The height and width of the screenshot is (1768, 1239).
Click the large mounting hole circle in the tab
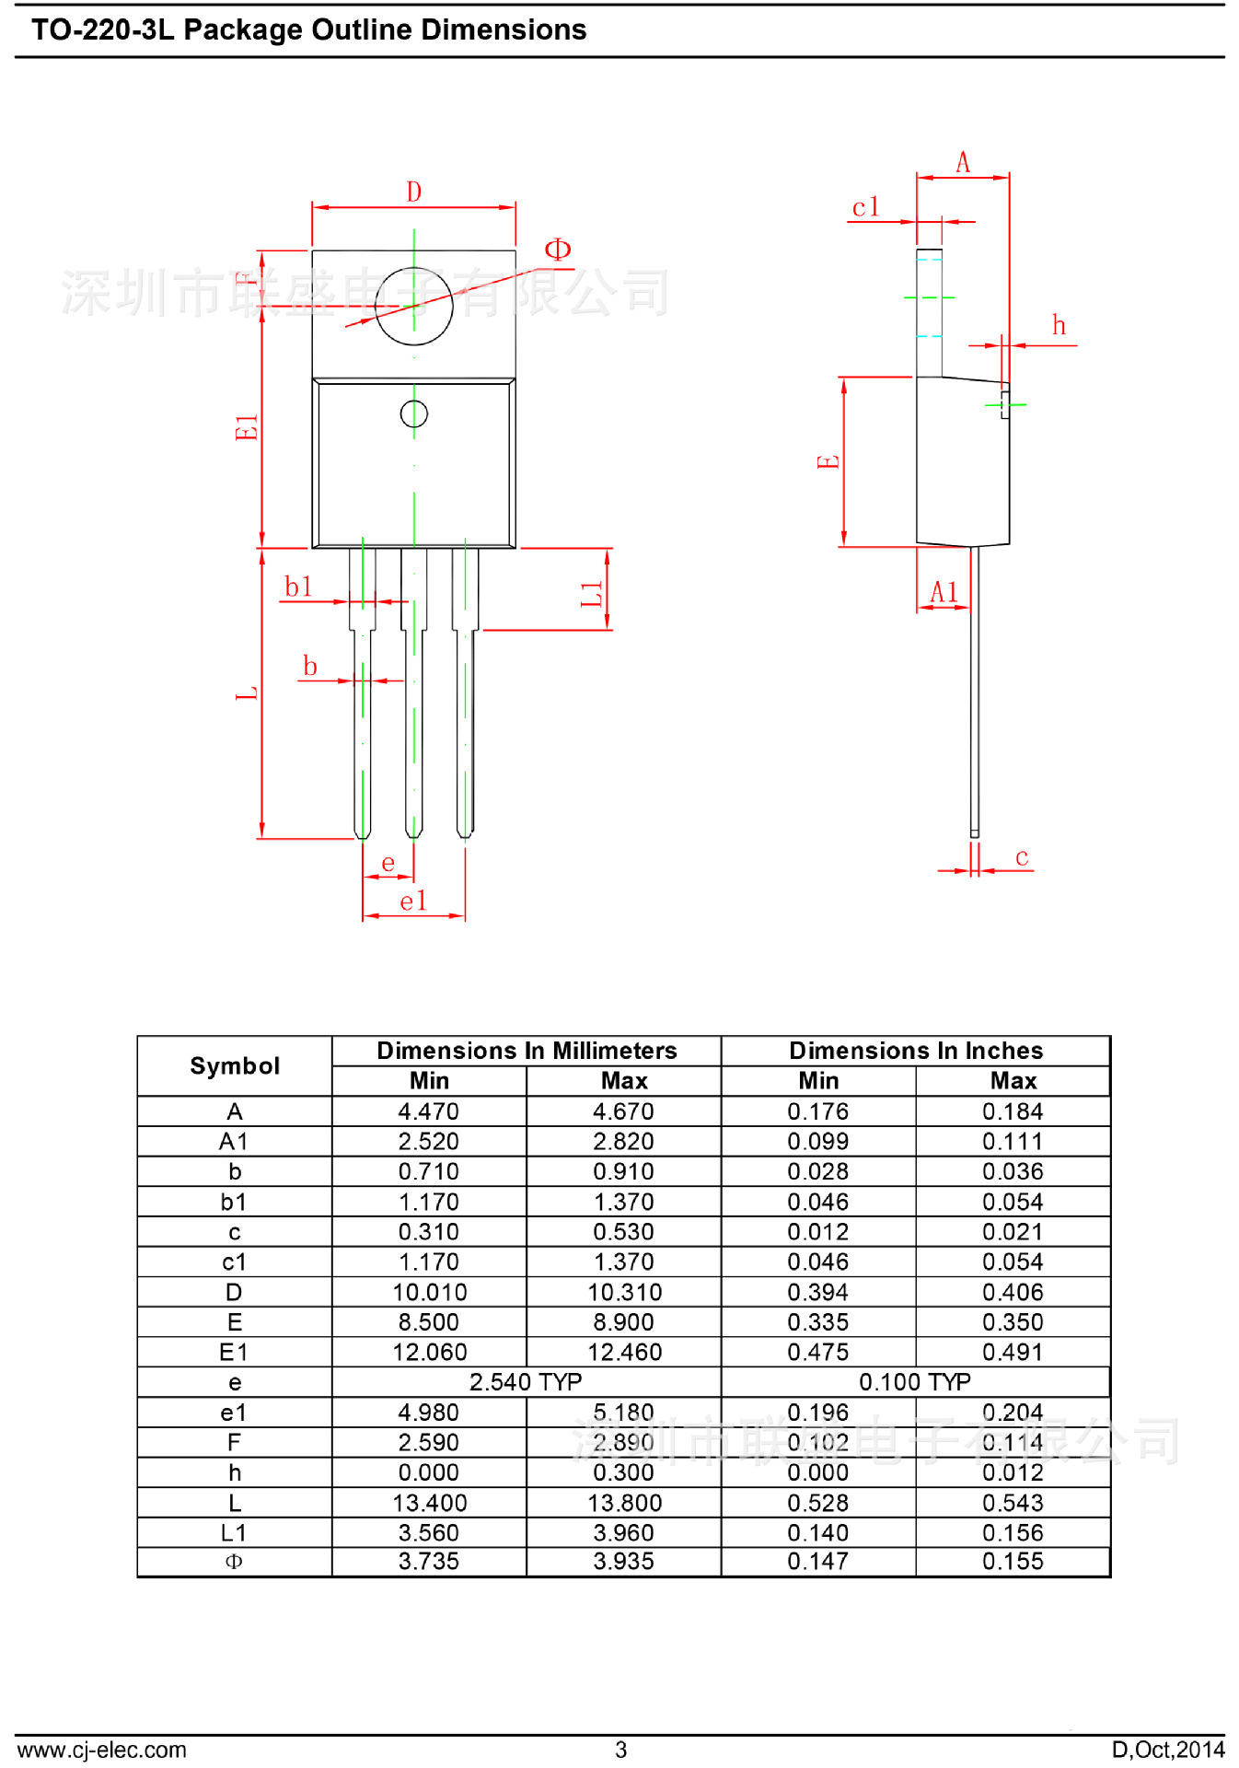pyautogui.click(x=413, y=306)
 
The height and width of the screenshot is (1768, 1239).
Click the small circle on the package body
pyautogui.click(x=413, y=413)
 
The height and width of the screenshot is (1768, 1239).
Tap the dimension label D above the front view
pyautogui.click(x=413, y=192)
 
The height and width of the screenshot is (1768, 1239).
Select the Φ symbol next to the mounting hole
pyautogui.click(x=558, y=250)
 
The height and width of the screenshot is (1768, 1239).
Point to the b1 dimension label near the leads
pyautogui.click(x=298, y=587)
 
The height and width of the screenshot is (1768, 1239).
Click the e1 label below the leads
pyautogui.click(x=413, y=901)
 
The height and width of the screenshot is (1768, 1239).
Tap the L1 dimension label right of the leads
pyautogui.click(x=592, y=594)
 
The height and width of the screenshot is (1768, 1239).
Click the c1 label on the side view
pyautogui.click(x=865, y=207)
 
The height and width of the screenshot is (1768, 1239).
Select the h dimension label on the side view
pyautogui.click(x=1059, y=326)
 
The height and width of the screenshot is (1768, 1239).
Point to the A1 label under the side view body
pyautogui.click(x=944, y=592)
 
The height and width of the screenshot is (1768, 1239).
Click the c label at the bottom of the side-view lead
pyautogui.click(x=1022, y=857)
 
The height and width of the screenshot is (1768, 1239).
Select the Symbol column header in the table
pyautogui.click(x=235, y=1065)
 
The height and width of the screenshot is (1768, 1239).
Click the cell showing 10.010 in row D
pyautogui.click(x=429, y=1292)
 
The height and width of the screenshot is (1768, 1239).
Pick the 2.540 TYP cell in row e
pyautogui.click(x=526, y=1382)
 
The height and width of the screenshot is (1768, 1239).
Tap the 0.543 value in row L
pyautogui.click(x=1013, y=1503)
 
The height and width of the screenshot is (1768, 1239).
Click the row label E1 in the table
pyautogui.click(x=235, y=1352)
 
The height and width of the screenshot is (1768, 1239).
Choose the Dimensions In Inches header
pyautogui.click(x=916, y=1051)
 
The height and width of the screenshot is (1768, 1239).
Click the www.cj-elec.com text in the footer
pyautogui.click(x=101, y=1750)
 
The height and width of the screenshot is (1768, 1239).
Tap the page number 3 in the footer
pyautogui.click(x=621, y=1750)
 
